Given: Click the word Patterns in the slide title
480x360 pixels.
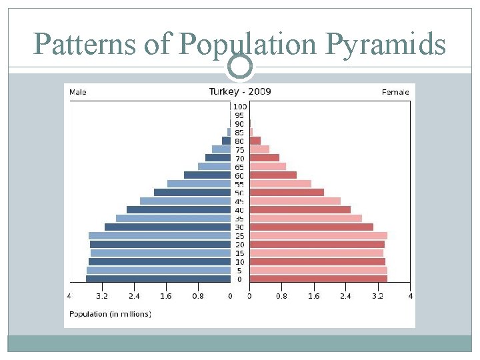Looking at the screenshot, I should (x=86, y=45).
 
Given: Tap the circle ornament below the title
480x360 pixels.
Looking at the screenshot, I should (x=240, y=65).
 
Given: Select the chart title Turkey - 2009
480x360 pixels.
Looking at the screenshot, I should (x=240, y=91).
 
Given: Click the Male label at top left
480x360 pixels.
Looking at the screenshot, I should (x=78, y=92).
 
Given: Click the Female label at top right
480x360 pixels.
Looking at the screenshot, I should (x=395, y=92).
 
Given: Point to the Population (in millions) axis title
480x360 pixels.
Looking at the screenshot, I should (x=111, y=313).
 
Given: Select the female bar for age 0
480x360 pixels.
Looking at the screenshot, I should (x=318, y=279).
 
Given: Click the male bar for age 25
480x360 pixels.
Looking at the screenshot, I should (x=159, y=235).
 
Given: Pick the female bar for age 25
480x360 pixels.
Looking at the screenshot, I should (x=318, y=235).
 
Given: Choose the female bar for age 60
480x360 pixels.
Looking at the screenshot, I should (x=273, y=175).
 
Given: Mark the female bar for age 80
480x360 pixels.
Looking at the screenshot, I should (x=255, y=141).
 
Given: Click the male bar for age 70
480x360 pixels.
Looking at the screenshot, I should (x=217, y=158).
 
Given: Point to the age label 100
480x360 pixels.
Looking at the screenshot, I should (x=239, y=107).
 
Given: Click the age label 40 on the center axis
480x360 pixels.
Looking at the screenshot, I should (x=239, y=210).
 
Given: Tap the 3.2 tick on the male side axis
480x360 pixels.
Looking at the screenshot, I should (x=101, y=295).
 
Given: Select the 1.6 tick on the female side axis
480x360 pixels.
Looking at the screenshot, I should (x=313, y=295).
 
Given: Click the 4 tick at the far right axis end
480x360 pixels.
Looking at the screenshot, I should (x=410, y=295).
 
